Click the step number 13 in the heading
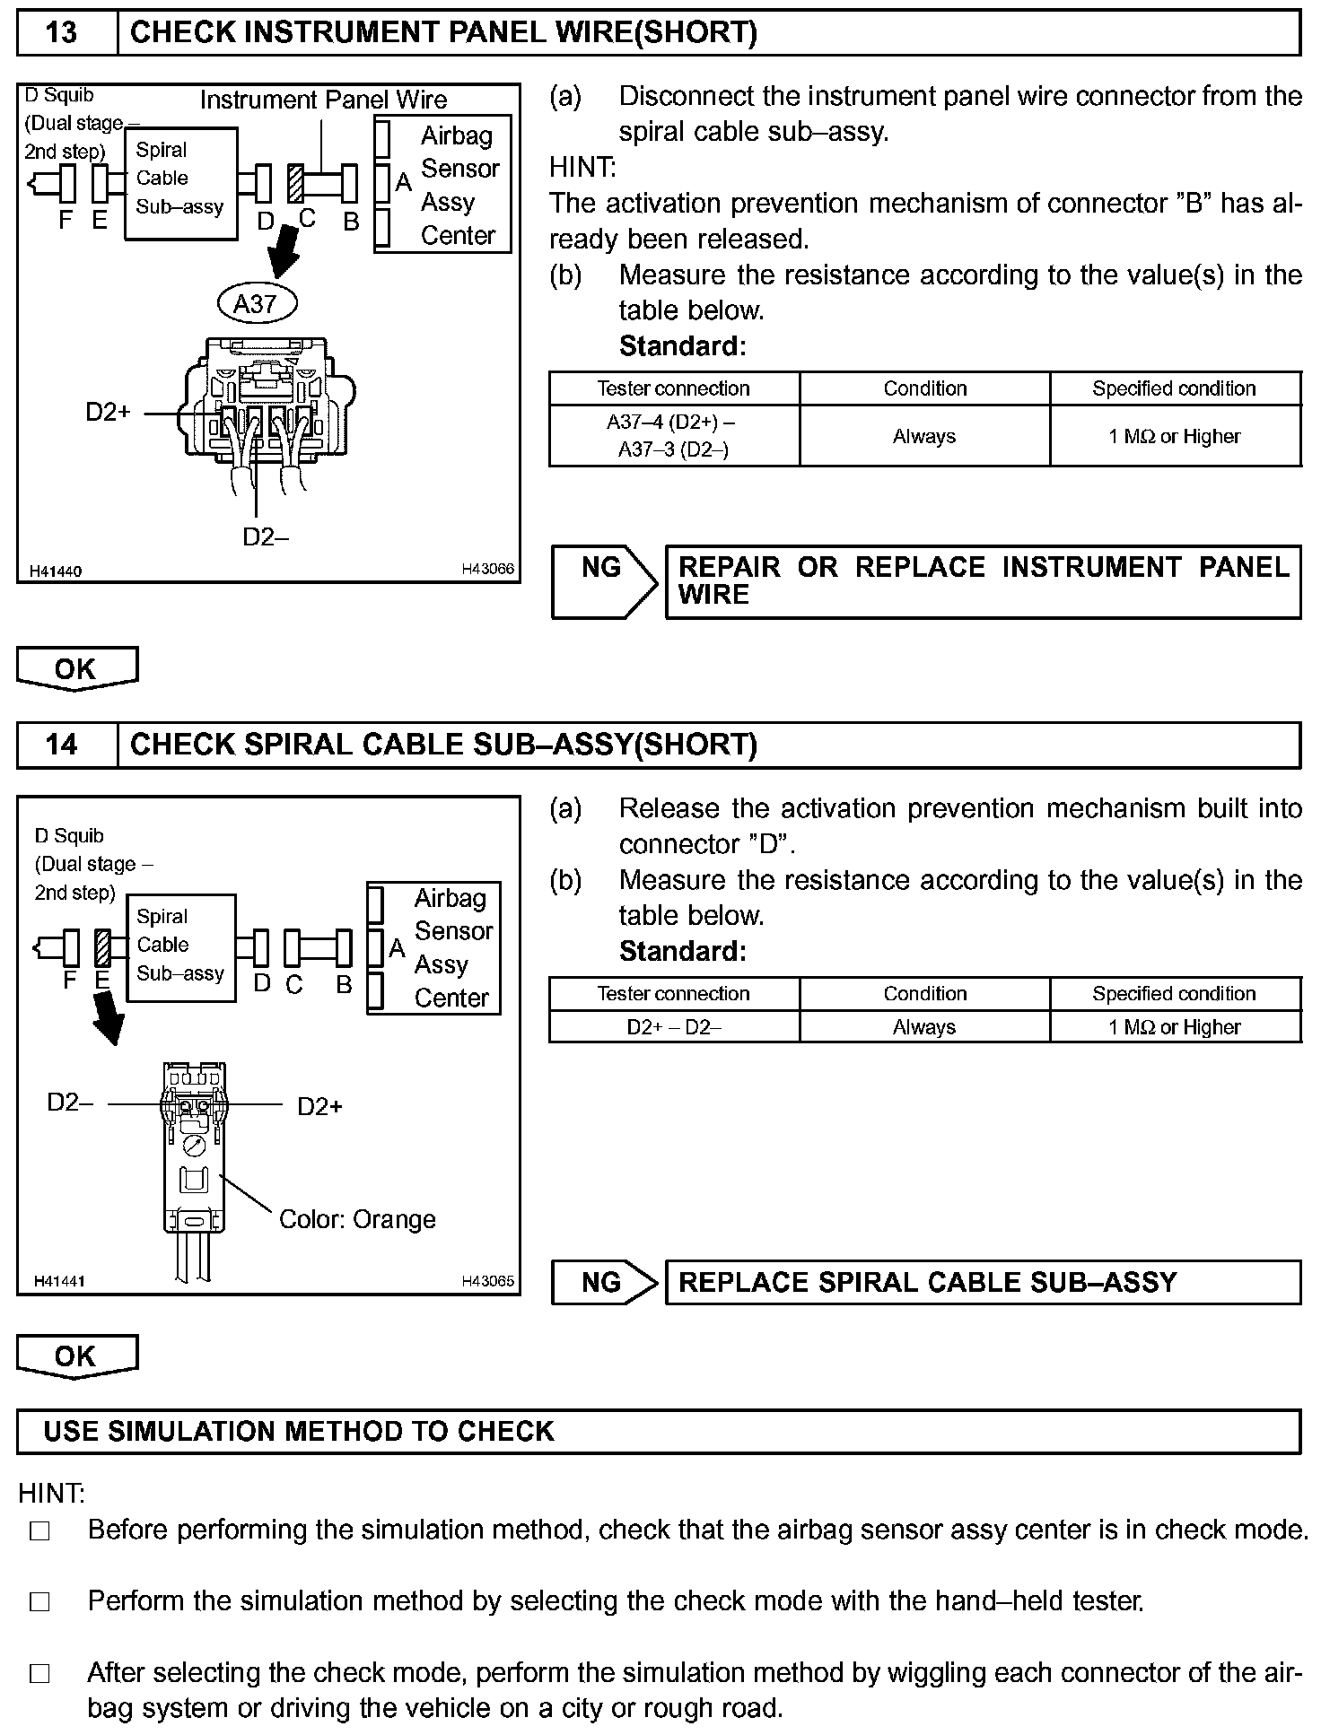61,33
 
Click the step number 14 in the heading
61,745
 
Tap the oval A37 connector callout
257,304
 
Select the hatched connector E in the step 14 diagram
102,948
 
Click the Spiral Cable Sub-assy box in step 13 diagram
180,184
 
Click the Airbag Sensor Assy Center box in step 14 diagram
433,948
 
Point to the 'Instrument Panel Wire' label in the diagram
323,100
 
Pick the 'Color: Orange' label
357,1219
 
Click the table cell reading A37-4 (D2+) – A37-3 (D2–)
673,436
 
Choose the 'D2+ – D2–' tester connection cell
673,1027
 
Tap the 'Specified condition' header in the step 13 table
1174,388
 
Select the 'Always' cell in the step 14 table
924,1027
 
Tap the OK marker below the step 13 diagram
76,668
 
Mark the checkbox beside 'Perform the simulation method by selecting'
40,1601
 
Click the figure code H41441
59,1281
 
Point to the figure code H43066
488,569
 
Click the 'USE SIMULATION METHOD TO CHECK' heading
298,1431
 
